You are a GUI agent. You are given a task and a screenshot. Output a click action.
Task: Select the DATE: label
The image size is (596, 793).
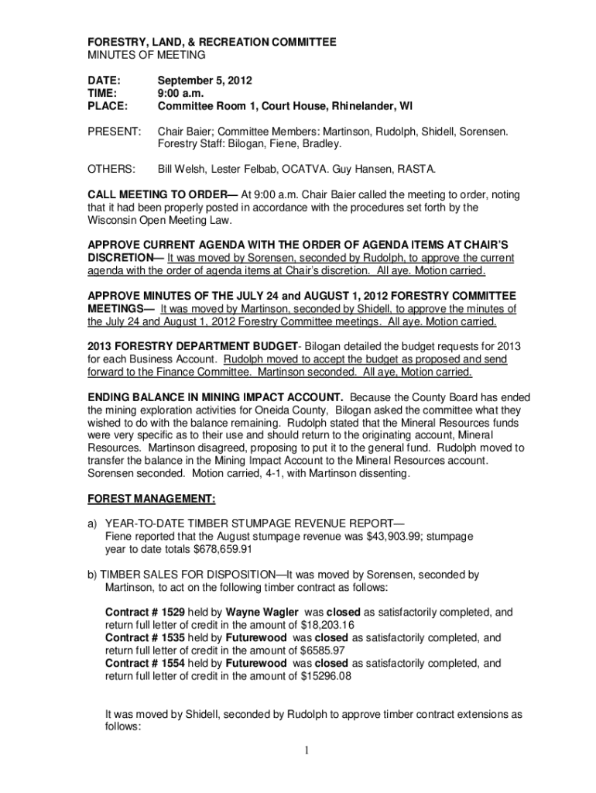tap(101, 80)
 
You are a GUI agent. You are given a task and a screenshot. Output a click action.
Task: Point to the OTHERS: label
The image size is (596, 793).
tap(111, 168)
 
